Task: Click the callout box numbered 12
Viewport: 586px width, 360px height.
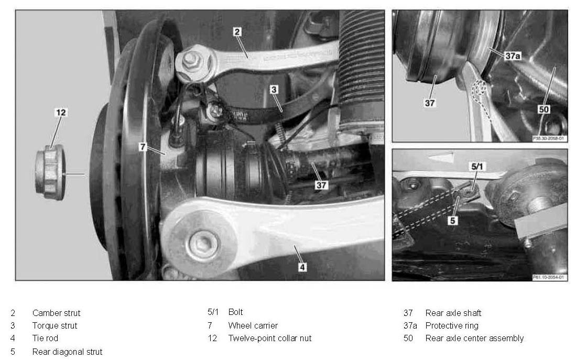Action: (61, 113)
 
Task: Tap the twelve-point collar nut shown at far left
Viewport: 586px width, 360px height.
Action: (50, 173)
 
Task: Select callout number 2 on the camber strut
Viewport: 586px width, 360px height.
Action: (237, 32)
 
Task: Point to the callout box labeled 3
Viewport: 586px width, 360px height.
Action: (274, 90)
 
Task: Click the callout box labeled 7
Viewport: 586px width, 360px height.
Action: (143, 147)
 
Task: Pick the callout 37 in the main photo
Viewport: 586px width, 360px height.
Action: (321, 185)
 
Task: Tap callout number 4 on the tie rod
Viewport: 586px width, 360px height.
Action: (302, 267)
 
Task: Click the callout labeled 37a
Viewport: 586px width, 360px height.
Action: (513, 56)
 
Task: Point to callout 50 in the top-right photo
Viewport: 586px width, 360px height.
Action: (544, 109)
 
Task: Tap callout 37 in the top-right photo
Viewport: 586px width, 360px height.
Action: (430, 103)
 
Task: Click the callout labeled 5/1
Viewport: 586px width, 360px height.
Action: (477, 167)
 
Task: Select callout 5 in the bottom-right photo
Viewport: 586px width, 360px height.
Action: (452, 221)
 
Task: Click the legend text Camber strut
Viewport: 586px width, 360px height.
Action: (57, 313)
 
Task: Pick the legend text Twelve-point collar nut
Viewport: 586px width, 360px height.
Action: (270, 339)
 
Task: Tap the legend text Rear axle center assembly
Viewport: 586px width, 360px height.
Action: (475, 339)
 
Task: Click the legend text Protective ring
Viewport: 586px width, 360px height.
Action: (452, 325)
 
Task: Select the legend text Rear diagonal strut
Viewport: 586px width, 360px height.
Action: (67, 352)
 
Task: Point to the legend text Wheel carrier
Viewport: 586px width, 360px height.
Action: (253, 325)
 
